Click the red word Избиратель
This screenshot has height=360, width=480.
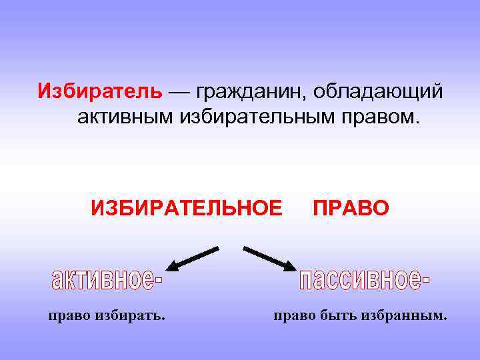click(x=99, y=90)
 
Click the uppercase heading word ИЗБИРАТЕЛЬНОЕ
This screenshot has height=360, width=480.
click(x=187, y=208)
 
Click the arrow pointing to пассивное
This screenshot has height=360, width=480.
click(x=269, y=259)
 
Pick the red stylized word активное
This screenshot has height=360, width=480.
click(x=107, y=279)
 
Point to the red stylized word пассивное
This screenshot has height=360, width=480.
click(x=364, y=279)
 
